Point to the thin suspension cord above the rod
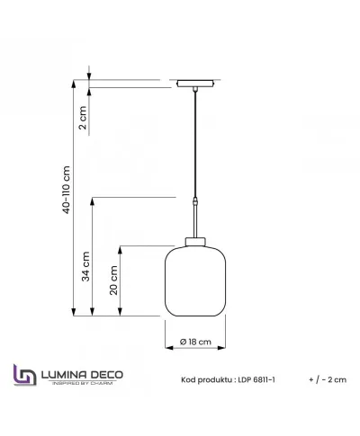195,144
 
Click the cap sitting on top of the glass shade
195,239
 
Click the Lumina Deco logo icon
24,376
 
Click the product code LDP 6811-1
253,380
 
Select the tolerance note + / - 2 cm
326,380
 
